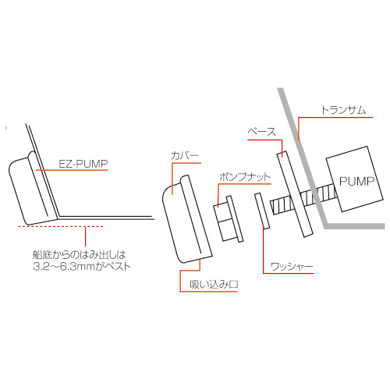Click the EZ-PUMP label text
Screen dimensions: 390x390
click(x=83, y=164)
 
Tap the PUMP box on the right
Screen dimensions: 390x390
click(x=355, y=179)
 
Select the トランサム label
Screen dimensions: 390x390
click(x=344, y=110)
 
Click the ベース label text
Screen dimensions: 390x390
click(x=261, y=132)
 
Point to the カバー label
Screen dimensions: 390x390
click(x=185, y=155)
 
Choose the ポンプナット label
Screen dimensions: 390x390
click(x=245, y=177)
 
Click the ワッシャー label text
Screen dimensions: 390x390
click(x=292, y=267)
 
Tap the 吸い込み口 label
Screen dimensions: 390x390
click(x=214, y=285)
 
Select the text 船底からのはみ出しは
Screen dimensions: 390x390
click(x=80, y=255)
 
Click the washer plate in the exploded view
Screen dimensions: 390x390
click(x=262, y=211)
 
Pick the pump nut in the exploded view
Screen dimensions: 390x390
click(x=228, y=219)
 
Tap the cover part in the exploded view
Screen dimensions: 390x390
click(x=187, y=219)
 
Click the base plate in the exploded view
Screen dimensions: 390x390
click(x=295, y=194)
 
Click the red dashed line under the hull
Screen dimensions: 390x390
click(x=60, y=226)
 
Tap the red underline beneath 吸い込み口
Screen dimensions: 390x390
click(x=208, y=292)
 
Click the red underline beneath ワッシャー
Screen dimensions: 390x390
click(x=289, y=273)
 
